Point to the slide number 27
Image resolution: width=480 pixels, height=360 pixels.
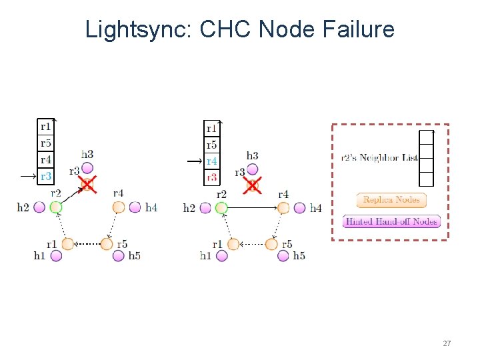[x=447, y=343]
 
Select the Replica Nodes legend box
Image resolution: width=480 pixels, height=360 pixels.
[x=391, y=199]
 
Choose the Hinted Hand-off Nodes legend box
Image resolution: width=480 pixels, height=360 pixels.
[x=391, y=221]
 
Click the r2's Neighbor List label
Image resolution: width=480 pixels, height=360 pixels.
[x=379, y=158]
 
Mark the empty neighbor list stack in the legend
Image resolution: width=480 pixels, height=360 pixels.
[x=426, y=158]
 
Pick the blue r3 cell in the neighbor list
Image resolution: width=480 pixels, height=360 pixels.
[x=46, y=177]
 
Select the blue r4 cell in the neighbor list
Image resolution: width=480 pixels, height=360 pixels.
[x=211, y=161]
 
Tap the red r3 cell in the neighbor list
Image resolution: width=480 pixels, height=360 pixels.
[x=211, y=177]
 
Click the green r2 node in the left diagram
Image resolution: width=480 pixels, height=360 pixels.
[x=56, y=207]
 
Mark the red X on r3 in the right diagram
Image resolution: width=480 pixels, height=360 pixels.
[x=252, y=185]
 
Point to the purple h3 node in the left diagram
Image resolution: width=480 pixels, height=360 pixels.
[x=87, y=169]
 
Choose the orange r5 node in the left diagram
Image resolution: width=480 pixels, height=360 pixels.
[x=107, y=244]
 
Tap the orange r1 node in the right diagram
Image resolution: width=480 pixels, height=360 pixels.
[x=233, y=244]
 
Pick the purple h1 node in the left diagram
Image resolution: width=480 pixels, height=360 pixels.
[x=56, y=256]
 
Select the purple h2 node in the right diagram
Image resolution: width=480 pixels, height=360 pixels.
[x=205, y=208]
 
